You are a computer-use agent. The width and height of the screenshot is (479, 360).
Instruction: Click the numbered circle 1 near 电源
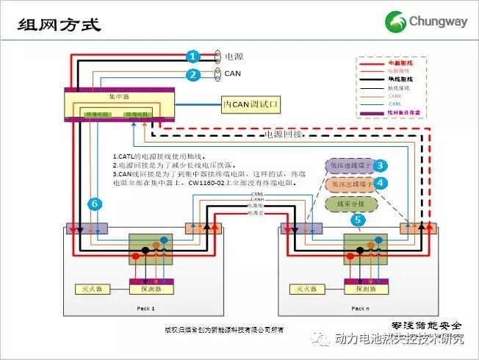click(x=192, y=56)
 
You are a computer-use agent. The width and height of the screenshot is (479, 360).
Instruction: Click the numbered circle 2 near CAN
click(x=192, y=74)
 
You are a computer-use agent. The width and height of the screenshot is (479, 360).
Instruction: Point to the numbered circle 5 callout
click(x=358, y=218)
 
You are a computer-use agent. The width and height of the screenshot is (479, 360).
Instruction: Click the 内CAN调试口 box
click(x=252, y=105)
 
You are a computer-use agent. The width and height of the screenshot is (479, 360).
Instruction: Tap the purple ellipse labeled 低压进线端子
click(x=350, y=166)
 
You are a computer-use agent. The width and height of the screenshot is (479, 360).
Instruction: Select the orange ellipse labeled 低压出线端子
click(x=350, y=184)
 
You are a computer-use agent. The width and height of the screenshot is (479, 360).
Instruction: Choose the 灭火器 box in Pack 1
click(x=86, y=288)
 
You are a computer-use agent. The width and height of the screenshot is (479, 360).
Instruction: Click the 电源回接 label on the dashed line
click(x=283, y=135)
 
